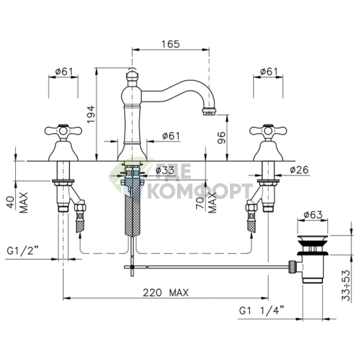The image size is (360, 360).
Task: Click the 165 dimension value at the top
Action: (171, 44)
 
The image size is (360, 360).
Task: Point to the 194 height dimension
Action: (91, 114)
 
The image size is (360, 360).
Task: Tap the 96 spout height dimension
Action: (221, 137)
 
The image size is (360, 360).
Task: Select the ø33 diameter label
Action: (165, 170)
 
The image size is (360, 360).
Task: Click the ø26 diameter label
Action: (300, 170)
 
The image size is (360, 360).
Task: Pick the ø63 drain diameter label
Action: (314, 214)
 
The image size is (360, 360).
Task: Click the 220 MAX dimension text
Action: (165, 292)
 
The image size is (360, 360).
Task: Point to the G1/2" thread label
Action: (22, 250)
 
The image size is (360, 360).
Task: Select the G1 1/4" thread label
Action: (261, 310)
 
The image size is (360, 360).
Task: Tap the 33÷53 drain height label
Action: (346, 285)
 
